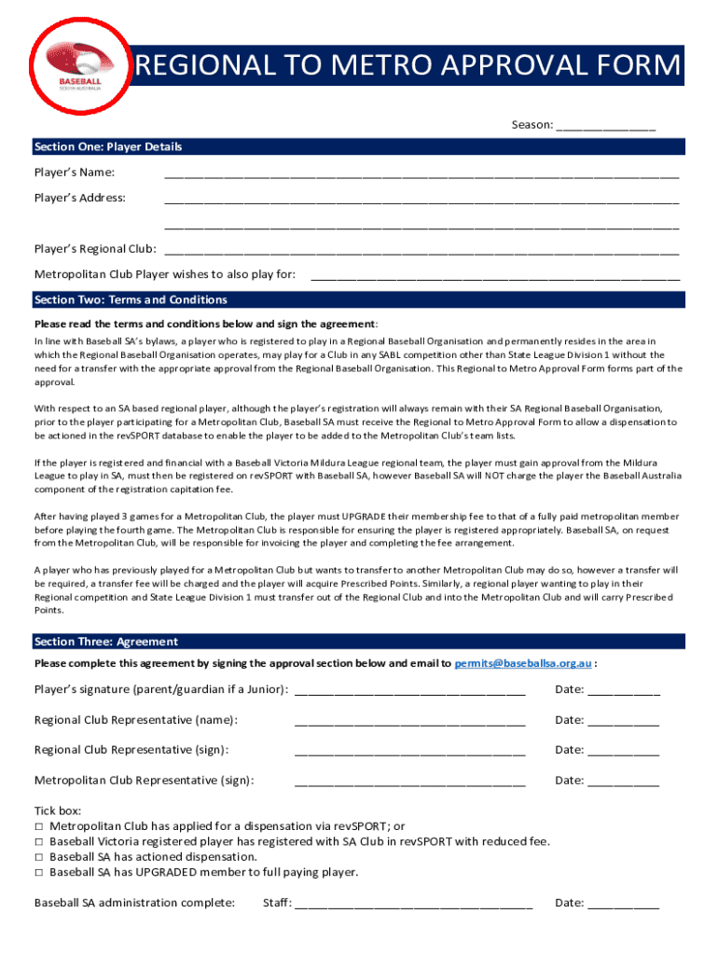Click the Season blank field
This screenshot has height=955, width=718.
(x=606, y=126)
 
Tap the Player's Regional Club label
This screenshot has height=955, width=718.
(x=94, y=249)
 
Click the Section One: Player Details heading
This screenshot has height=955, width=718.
(x=107, y=146)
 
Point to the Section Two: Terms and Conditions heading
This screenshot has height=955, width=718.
(x=130, y=299)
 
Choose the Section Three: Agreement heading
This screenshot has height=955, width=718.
(x=105, y=642)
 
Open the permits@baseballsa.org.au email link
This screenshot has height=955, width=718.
(x=522, y=663)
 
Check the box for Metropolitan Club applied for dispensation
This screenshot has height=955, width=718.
(x=39, y=826)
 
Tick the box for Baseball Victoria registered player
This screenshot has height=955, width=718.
(x=39, y=841)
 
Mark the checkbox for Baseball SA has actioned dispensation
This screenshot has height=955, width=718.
(x=39, y=857)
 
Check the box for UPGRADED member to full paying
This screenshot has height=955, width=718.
(x=39, y=873)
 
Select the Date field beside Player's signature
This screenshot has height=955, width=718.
(x=624, y=691)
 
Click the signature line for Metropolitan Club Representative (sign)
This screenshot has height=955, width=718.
(x=410, y=782)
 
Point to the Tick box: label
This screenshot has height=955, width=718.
(x=58, y=810)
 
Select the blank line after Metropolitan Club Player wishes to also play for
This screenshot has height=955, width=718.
(x=494, y=275)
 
